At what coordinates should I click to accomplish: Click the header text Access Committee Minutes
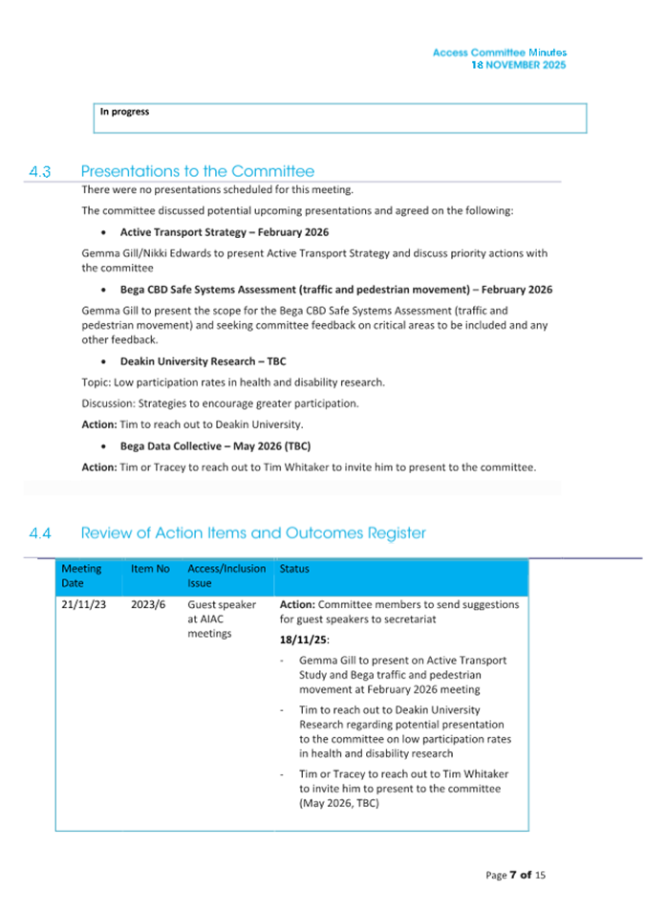click(499, 53)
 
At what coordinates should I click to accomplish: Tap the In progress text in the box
click(125, 112)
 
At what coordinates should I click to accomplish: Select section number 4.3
click(40, 172)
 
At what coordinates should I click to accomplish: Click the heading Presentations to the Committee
click(197, 172)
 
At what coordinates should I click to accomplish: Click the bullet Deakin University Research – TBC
click(203, 361)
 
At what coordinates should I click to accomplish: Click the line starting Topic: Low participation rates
click(233, 382)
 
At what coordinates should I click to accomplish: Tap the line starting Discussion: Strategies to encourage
click(220, 403)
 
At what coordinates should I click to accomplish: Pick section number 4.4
click(40, 532)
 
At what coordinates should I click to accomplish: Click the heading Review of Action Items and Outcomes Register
click(253, 532)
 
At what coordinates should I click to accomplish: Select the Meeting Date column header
click(82, 575)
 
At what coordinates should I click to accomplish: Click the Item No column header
click(150, 569)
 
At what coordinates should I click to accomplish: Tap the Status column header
click(294, 569)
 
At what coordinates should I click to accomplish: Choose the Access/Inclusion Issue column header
click(226, 575)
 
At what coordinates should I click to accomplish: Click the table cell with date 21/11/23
click(83, 605)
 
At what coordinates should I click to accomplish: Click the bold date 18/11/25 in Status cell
click(304, 640)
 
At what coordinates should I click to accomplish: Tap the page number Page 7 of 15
click(516, 875)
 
